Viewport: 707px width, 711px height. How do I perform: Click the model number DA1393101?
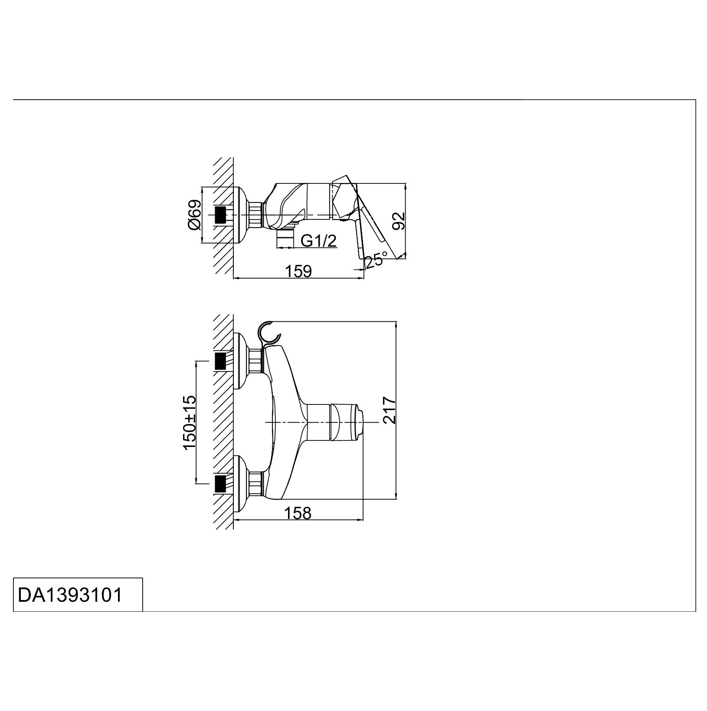point(70,595)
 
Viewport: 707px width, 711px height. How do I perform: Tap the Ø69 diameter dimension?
point(195,215)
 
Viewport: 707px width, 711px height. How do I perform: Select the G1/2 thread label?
point(319,241)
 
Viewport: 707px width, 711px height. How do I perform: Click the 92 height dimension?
point(399,221)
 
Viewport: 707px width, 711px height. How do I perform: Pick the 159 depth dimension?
point(298,271)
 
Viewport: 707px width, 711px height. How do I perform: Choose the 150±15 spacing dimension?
point(190,423)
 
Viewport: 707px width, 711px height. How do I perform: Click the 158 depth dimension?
point(298,513)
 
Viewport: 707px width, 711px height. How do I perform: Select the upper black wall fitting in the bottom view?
point(221,361)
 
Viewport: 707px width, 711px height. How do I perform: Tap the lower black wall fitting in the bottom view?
point(221,483)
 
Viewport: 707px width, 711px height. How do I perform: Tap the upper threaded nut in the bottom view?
point(256,361)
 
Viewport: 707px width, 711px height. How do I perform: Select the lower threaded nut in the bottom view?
point(256,483)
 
